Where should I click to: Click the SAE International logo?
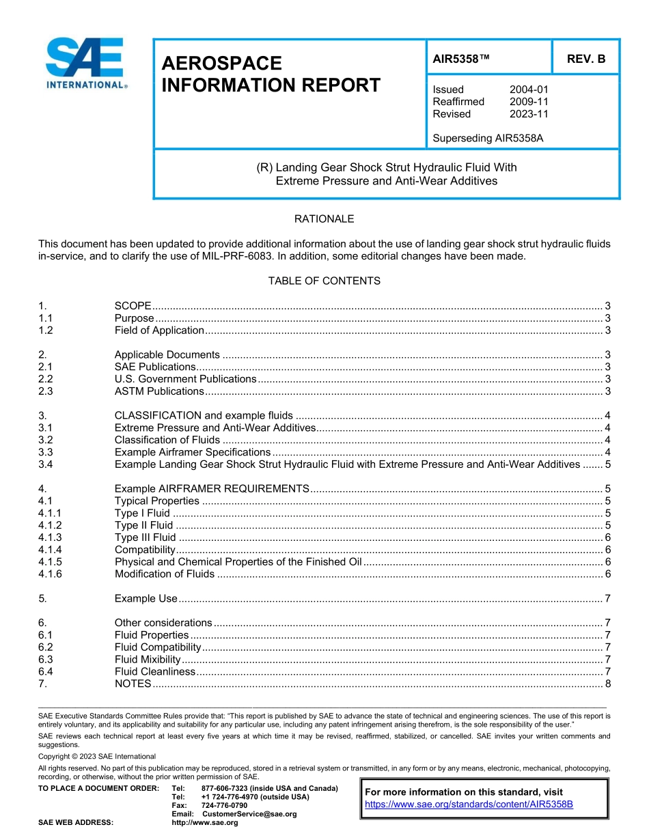pos(85,64)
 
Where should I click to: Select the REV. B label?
pos(585,59)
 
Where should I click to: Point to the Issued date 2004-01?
pos(528,89)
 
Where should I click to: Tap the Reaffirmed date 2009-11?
pos(528,102)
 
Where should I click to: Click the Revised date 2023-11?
pos(528,114)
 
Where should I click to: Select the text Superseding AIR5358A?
pos(488,138)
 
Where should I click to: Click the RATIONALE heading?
pos(324,219)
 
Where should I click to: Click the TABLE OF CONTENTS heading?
pos(324,281)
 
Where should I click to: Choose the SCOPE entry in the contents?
pos(133,305)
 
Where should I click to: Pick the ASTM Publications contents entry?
pos(159,391)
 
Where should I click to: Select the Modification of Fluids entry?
pos(165,574)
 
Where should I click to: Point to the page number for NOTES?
pos(607,684)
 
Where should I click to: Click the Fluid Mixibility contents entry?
pos(148,659)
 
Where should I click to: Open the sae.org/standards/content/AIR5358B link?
pos(469,804)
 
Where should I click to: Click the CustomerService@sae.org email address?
pos(249,814)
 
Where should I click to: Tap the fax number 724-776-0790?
pos(224,806)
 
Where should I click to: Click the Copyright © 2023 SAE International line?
pos(97,756)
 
